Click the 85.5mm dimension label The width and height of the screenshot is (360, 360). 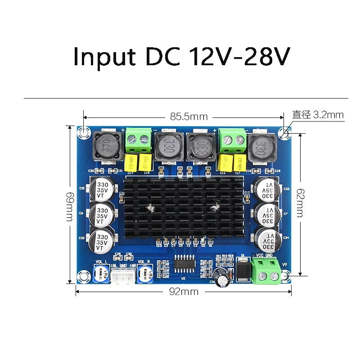click(189, 117)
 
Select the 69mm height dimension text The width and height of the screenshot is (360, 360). click(70, 206)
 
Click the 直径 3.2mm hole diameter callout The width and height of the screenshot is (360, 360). click(318, 115)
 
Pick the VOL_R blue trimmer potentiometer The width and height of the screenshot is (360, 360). click(146, 273)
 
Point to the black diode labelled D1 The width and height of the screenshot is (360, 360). click(243, 270)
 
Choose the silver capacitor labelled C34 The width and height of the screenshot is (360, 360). click(269, 239)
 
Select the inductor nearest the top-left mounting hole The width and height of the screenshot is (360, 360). click(107, 145)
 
